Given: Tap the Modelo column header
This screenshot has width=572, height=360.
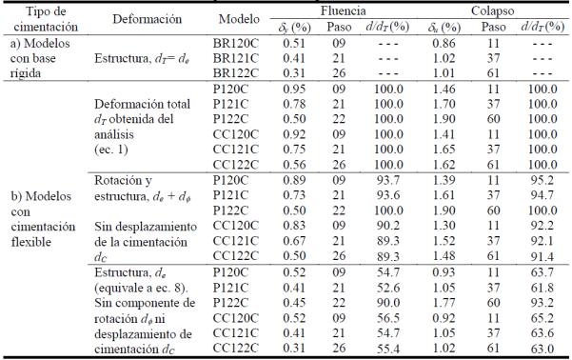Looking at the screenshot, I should pos(238,19).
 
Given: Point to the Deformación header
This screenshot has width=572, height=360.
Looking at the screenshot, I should pos(143,19).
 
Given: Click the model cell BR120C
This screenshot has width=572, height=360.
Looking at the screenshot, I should pos(238,43).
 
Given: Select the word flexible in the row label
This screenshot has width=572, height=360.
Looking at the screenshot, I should pos(37,242).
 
